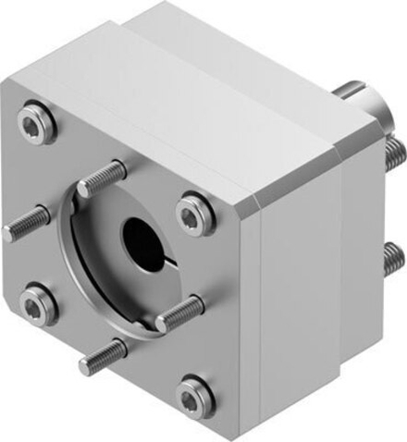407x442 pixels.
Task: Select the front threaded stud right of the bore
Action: [178, 314]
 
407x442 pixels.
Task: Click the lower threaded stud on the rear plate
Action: [392, 252]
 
